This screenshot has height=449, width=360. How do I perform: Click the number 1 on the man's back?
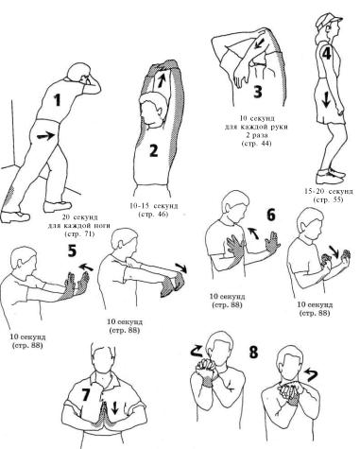point(58,100)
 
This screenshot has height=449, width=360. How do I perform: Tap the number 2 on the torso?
point(153,150)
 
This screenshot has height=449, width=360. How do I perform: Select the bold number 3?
point(258,92)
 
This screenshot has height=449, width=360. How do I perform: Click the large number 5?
point(72,250)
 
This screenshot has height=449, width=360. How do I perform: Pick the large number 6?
point(271,215)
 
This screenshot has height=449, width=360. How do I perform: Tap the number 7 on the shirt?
point(87,395)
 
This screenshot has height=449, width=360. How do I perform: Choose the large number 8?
point(253,352)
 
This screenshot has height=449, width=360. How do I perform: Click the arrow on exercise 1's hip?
point(45,136)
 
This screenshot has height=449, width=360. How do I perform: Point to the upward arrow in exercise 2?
point(161,79)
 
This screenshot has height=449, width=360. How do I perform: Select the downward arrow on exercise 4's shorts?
point(326,100)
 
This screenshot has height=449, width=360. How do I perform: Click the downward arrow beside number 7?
point(114,407)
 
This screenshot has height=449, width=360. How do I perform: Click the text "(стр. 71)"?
point(79,234)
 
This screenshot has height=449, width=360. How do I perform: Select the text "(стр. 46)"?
point(153,215)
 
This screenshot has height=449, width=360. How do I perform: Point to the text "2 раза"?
point(256,136)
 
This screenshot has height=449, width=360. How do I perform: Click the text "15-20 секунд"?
point(329,191)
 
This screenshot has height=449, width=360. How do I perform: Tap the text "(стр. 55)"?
point(329,199)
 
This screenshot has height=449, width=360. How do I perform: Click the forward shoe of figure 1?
point(58,206)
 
